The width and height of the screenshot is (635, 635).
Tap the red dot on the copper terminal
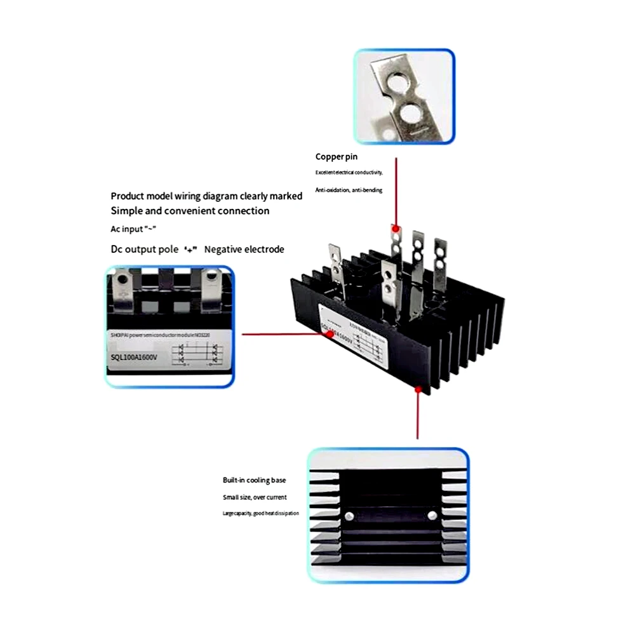click(395, 228)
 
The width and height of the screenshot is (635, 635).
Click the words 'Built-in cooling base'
click(254, 480)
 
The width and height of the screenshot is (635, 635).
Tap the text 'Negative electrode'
click(244, 250)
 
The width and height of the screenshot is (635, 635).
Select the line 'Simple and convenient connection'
click(190, 211)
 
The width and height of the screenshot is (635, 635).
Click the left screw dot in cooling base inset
click(348, 516)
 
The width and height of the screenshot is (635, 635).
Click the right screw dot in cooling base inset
click(432, 515)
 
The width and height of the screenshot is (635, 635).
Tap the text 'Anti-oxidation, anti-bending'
click(349, 190)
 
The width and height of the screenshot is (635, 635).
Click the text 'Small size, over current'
click(254, 497)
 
